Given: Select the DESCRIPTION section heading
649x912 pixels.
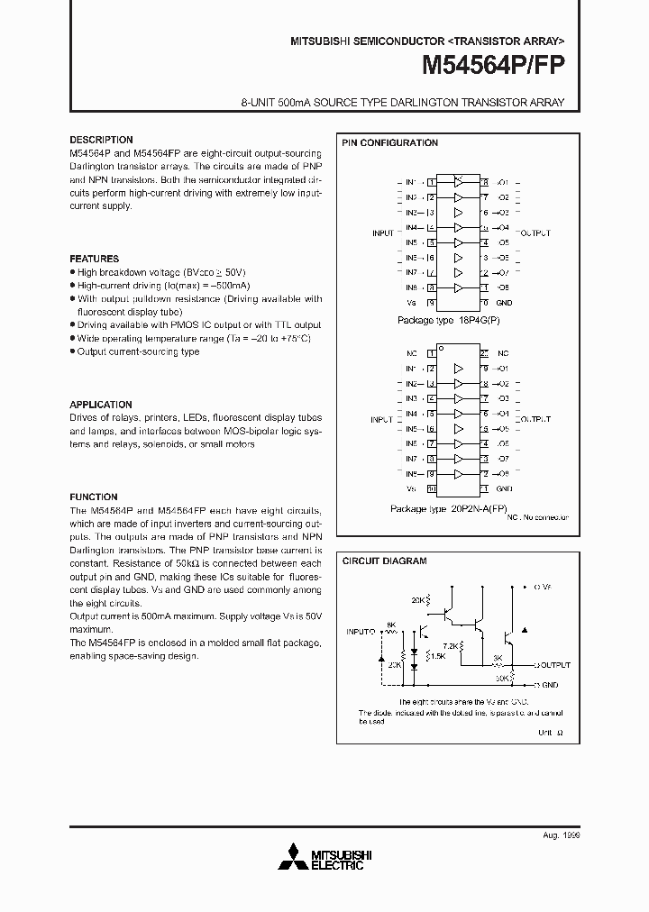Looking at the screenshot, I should [x=101, y=140].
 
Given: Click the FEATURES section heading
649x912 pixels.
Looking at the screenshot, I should [x=95, y=259].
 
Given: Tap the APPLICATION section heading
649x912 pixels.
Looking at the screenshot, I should [x=101, y=405].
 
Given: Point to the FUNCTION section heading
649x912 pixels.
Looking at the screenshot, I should [x=94, y=497].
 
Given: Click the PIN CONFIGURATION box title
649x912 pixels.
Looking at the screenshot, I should [x=389, y=142].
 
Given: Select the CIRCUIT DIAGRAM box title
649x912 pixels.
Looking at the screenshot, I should [x=384, y=561].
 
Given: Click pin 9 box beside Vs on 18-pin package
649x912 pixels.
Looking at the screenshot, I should [x=432, y=303].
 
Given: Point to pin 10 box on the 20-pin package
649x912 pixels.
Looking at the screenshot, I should [x=432, y=489].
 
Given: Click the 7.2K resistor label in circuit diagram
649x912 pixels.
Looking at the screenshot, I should [x=447, y=646].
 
